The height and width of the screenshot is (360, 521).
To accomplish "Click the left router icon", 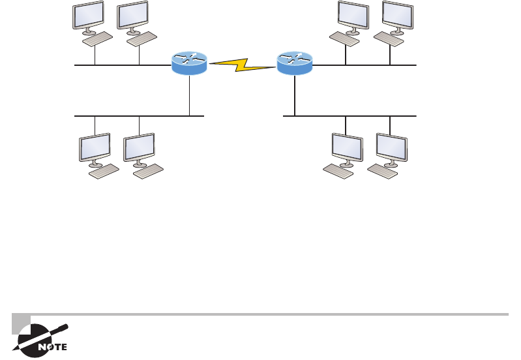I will click(x=189, y=63).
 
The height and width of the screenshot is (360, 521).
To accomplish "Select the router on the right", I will click(x=295, y=63).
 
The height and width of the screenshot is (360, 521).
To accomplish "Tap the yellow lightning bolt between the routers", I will click(x=242, y=64).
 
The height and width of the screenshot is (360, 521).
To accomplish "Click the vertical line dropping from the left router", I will click(x=189, y=95).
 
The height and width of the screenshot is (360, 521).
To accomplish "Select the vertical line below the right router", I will click(x=295, y=95).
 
